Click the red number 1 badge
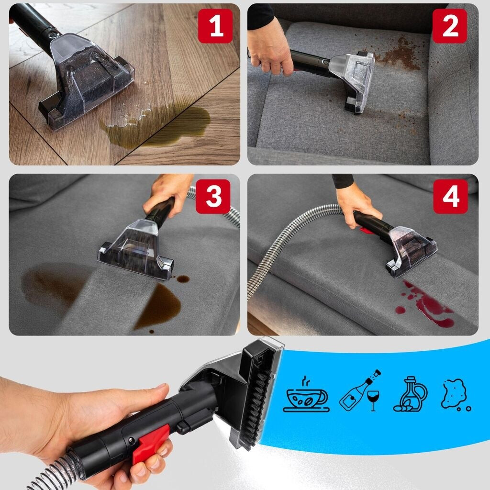tap(215, 26)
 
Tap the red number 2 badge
tap(450, 26)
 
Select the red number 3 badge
tap(213, 196)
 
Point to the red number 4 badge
tap(451, 196)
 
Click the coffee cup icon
tap(306, 395)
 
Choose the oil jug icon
tap(410, 394)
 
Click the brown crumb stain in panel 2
tap(400, 54)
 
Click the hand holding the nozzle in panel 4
tap(356, 205)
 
